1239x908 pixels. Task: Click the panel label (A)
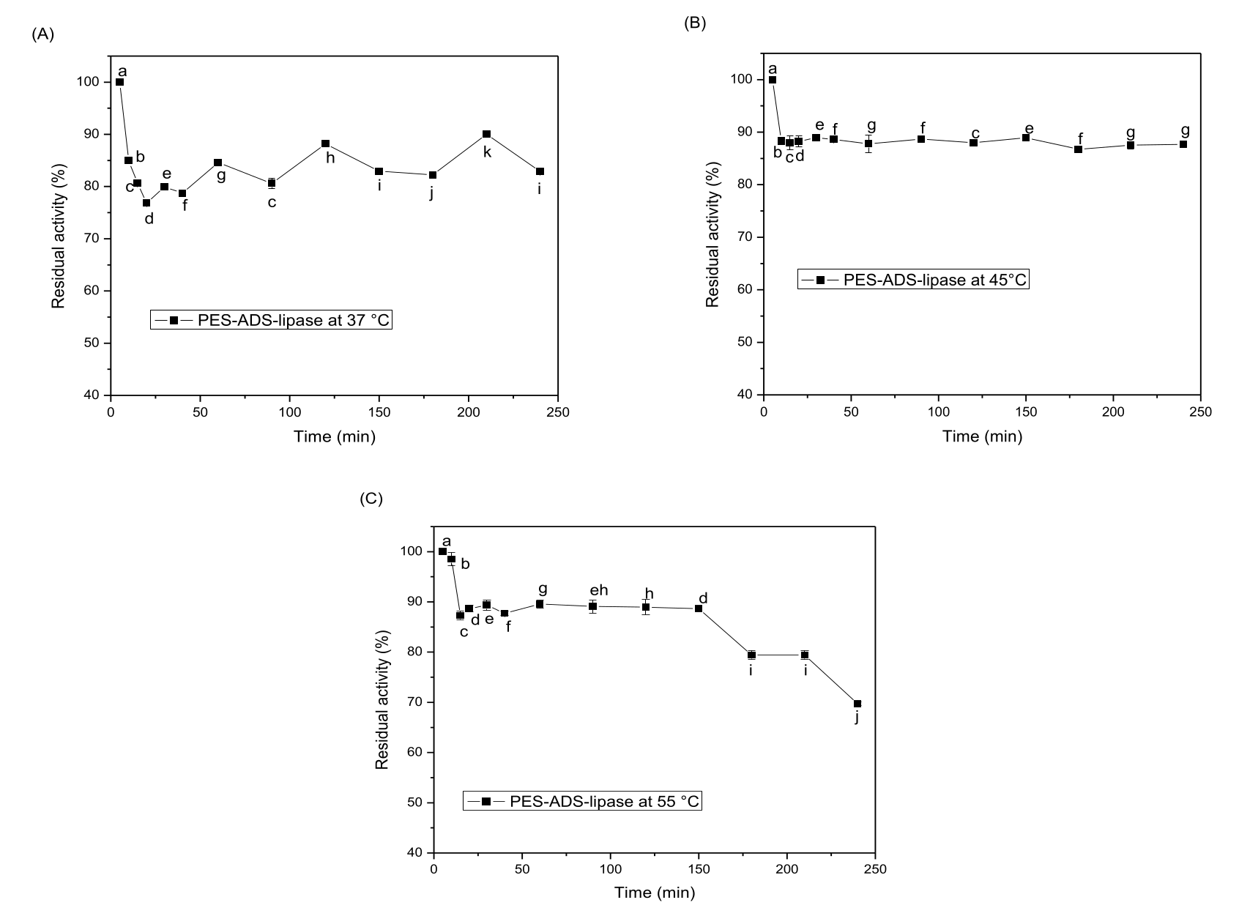click(42, 34)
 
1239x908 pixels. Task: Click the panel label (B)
click(694, 23)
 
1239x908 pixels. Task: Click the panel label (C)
click(371, 499)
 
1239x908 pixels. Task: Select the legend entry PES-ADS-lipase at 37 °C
click(272, 320)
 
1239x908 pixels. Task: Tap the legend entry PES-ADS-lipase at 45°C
click(914, 279)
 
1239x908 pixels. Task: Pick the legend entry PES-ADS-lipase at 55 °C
click(583, 802)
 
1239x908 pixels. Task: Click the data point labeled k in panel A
click(486, 134)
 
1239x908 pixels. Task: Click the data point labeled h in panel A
click(325, 144)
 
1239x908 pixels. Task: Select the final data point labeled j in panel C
click(857, 704)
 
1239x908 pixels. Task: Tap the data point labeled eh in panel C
click(592, 606)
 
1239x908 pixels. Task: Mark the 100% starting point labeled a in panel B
click(772, 80)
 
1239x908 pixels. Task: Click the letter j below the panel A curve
click(432, 193)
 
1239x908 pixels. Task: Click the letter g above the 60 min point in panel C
click(542, 589)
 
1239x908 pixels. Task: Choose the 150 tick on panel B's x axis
click(1026, 412)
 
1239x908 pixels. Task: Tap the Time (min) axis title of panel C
click(655, 893)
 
